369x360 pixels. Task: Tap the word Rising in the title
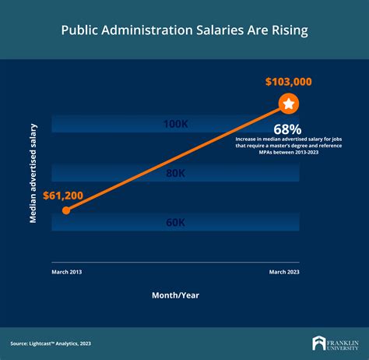pyautogui.click(x=286, y=32)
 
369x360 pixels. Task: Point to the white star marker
pyautogui.click(x=288, y=103)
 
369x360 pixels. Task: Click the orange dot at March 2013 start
pyautogui.click(x=66, y=210)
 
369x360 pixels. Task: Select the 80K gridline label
pyautogui.click(x=175, y=174)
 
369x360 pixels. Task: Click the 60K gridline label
pyautogui.click(x=175, y=223)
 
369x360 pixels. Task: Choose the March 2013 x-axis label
pyautogui.click(x=67, y=271)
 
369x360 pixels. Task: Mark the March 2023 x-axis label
pyautogui.click(x=284, y=271)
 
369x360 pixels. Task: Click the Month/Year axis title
pyautogui.click(x=176, y=296)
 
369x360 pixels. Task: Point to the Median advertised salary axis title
pyautogui.click(x=33, y=173)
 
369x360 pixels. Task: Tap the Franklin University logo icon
pyautogui.click(x=318, y=343)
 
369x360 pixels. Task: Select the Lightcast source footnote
pyautogui.click(x=51, y=343)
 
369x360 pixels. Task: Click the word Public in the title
pyautogui.click(x=79, y=32)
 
